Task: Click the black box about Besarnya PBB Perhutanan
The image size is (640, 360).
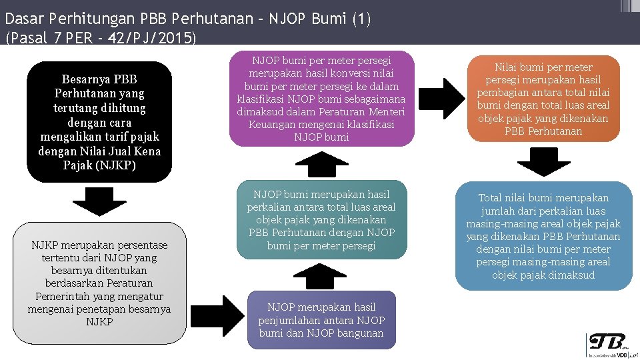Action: pos(99,122)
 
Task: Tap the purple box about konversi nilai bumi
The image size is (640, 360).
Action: pos(321,98)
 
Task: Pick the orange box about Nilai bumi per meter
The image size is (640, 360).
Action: pos(543,99)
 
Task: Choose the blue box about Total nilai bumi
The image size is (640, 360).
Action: pos(543,236)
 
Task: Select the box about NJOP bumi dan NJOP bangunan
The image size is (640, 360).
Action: pos(321,320)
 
